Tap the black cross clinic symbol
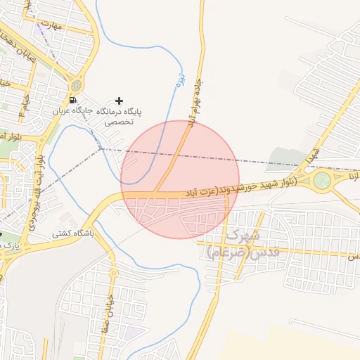(x=119, y=101)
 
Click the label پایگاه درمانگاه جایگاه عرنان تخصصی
(x=108, y=116)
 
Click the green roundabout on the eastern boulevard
(x=323, y=180)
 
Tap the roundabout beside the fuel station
(x=77, y=86)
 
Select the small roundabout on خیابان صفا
(x=112, y=272)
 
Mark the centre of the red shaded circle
(x=180, y=179)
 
